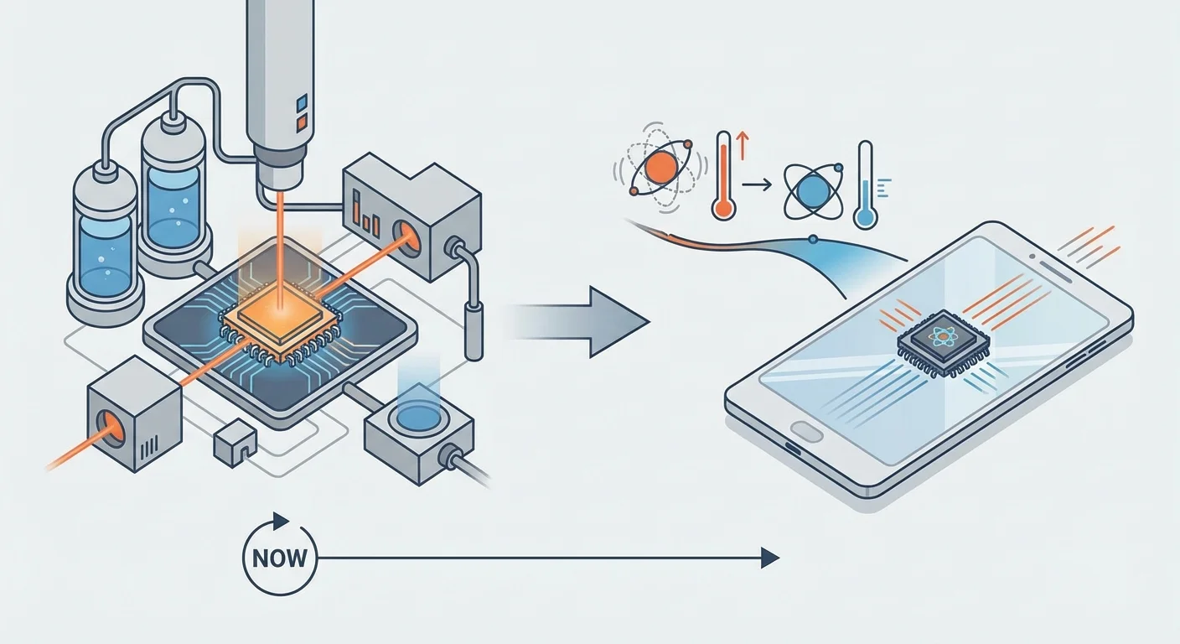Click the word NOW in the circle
[x=280, y=557]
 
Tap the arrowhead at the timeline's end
[x=769, y=557]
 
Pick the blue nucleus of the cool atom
[x=811, y=190]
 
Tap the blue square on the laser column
[x=302, y=103]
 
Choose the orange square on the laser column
[x=302, y=122]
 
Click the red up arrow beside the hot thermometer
[x=741, y=146]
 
